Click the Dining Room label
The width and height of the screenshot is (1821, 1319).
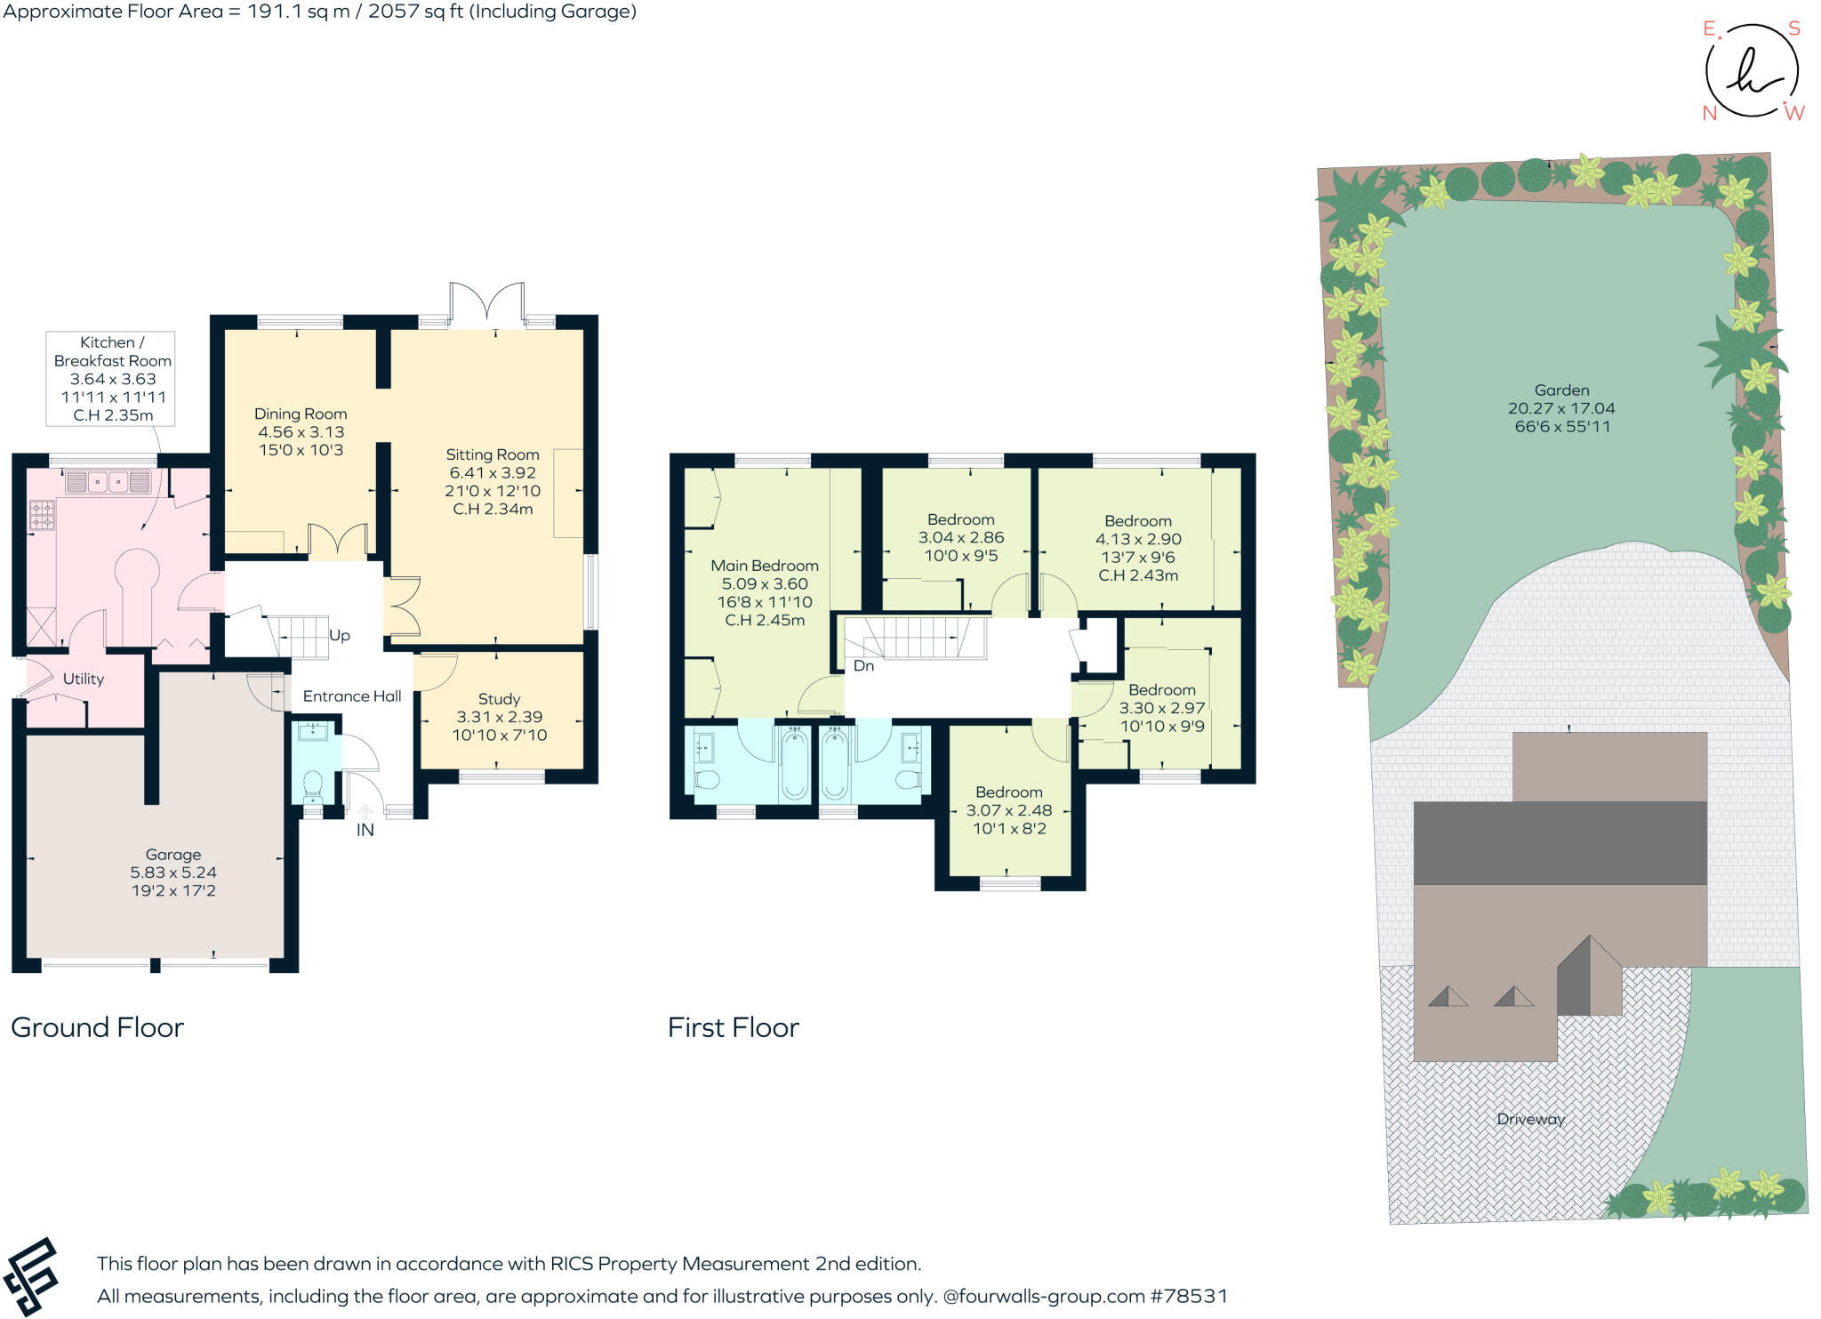tap(301, 414)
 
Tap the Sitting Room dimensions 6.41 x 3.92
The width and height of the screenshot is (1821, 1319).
tap(493, 473)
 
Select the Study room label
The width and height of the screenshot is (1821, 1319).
tap(499, 699)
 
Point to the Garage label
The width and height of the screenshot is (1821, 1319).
tap(173, 855)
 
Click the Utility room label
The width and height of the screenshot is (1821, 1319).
tap(84, 679)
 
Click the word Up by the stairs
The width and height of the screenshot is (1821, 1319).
tap(340, 636)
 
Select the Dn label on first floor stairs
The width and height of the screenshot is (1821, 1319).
tap(863, 666)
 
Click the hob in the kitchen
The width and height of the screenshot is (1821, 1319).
tap(42, 515)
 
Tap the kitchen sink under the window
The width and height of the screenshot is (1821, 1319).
tap(108, 482)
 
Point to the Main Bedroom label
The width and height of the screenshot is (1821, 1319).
tap(765, 566)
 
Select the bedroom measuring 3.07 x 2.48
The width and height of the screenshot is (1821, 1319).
tap(1009, 810)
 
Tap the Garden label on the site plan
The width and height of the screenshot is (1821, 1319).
tap(1561, 390)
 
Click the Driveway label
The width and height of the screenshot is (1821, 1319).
tap(1530, 1119)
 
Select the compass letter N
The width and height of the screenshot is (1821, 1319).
tap(1709, 113)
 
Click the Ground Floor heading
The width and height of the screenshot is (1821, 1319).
tap(97, 1027)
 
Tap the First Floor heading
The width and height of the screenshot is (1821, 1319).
tap(734, 1027)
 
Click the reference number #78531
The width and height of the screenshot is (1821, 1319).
tap(1189, 1296)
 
